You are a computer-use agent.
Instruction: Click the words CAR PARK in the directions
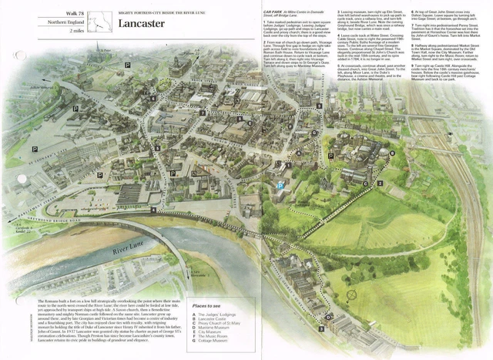click(x=271, y=12)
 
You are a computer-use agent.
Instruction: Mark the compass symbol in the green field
click(x=354, y=294)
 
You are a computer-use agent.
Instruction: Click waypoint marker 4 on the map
click(x=154, y=210)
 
